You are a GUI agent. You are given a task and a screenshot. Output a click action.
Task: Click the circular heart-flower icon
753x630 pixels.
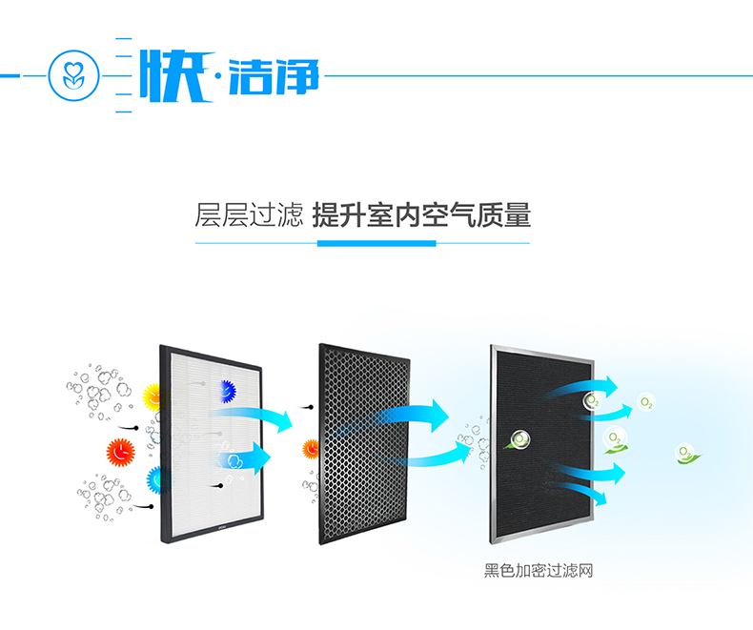(x=74, y=75)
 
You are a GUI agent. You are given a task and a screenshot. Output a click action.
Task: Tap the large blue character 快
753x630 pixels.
(x=176, y=75)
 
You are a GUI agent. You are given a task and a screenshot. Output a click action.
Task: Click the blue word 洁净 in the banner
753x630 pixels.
(x=274, y=76)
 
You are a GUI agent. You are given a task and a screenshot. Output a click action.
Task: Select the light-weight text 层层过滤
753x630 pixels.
(x=249, y=214)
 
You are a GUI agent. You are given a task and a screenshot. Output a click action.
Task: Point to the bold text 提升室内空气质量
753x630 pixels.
(x=421, y=214)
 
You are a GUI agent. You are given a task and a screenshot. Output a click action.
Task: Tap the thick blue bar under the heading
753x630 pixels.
(x=376, y=243)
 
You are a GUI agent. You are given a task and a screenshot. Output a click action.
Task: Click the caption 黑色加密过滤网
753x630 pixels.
(x=539, y=571)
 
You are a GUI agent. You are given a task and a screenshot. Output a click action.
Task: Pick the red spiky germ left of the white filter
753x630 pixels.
(x=120, y=453)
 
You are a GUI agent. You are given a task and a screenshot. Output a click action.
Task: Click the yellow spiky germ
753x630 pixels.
(x=153, y=397)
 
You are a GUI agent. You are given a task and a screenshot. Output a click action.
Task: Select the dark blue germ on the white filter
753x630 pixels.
(x=228, y=391)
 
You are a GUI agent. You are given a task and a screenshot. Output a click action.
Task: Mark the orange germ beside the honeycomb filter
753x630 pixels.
(x=311, y=450)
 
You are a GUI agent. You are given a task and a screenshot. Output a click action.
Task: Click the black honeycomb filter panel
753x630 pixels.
(x=364, y=444)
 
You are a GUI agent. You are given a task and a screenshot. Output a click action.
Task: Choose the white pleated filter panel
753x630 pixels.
(x=212, y=444)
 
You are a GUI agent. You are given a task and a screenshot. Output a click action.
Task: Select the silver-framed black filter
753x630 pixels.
(x=542, y=444)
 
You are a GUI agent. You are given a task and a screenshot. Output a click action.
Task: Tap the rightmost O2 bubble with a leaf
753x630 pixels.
(x=686, y=454)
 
